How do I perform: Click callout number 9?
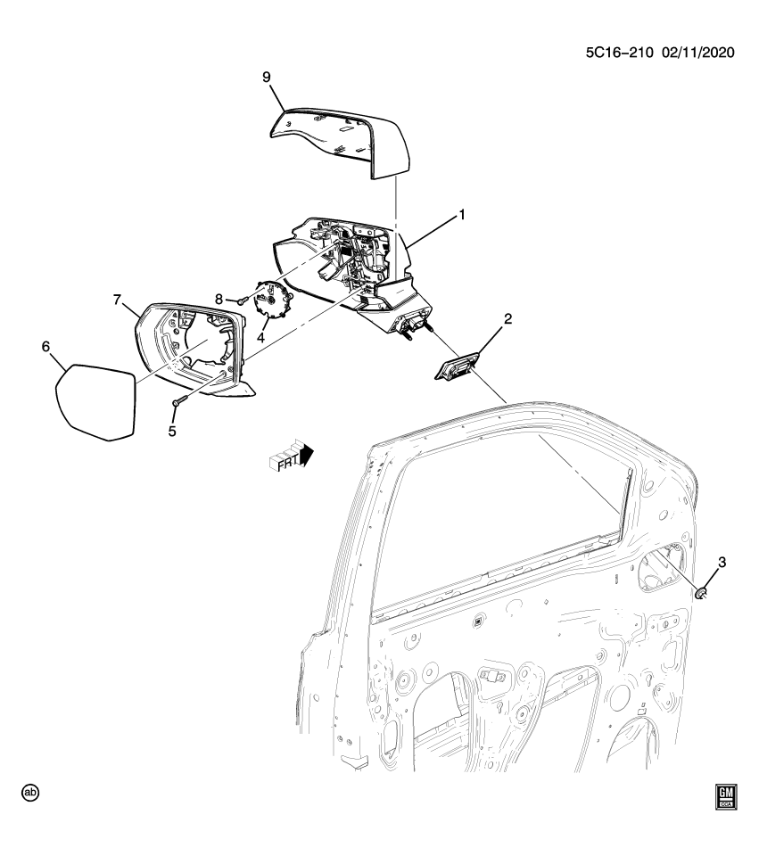tap(266, 78)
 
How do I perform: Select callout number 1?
tap(462, 215)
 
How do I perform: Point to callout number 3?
tap(722, 562)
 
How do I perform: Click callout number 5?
tap(173, 431)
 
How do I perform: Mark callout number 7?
tap(117, 300)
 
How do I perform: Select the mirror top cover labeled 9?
tap(343, 139)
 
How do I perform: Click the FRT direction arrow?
tap(292, 455)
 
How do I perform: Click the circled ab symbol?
tap(31, 792)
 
